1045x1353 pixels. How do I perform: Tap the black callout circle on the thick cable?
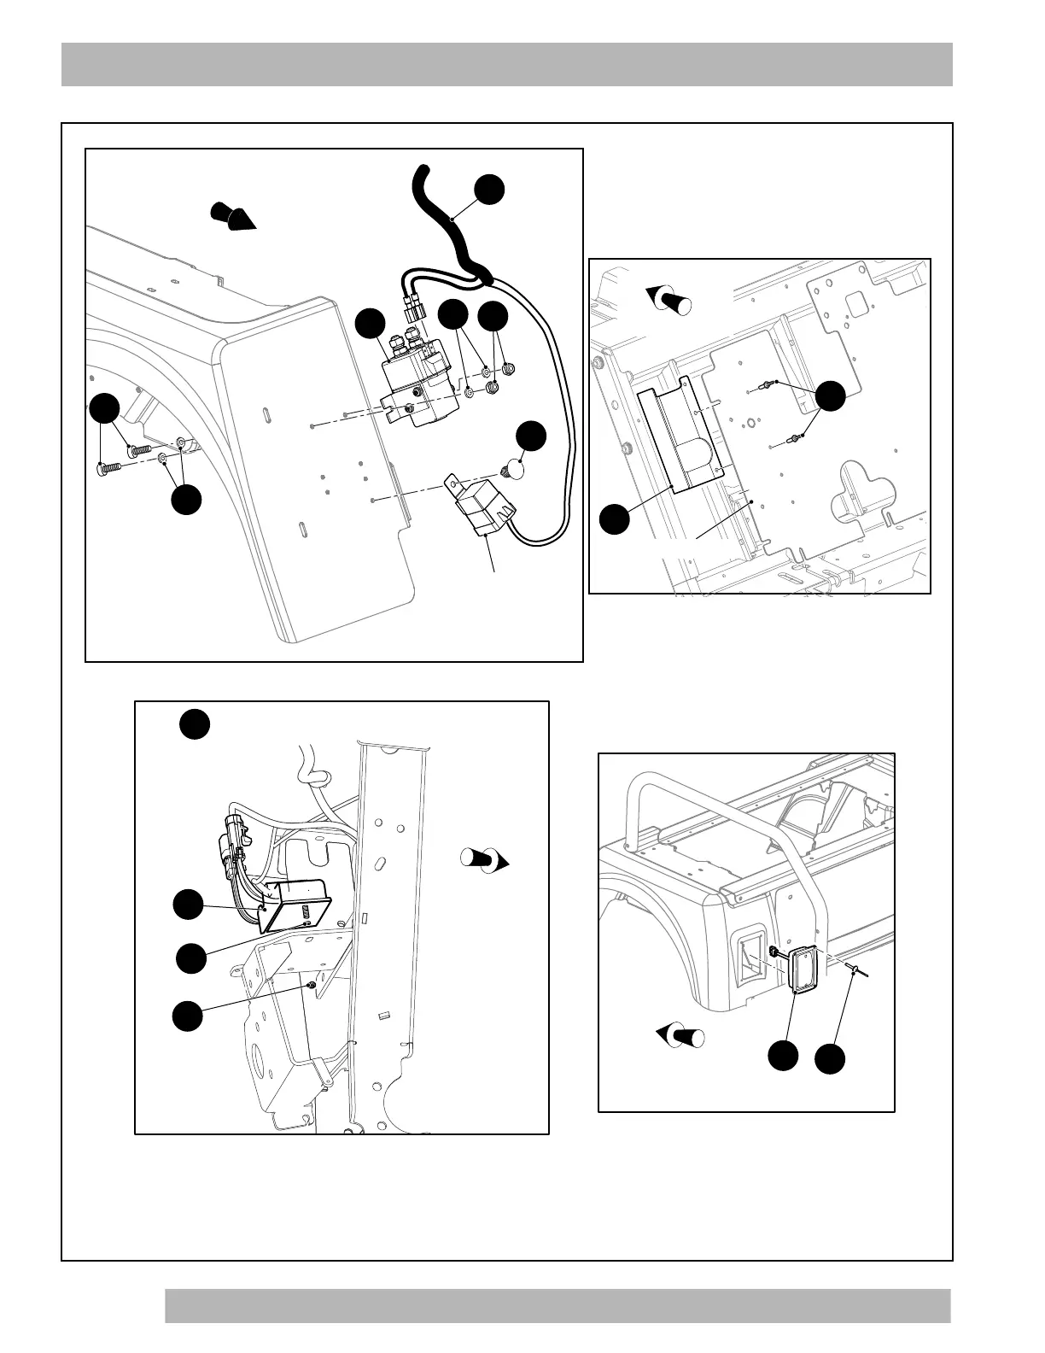tap(490, 190)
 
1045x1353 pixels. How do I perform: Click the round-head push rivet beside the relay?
tap(513, 468)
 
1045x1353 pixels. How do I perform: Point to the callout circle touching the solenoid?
tap(371, 324)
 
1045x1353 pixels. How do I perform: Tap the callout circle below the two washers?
tap(186, 500)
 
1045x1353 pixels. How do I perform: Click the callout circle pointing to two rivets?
tap(830, 395)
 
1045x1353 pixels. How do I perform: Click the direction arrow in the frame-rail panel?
tap(485, 859)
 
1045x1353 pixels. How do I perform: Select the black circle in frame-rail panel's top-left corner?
tap(195, 724)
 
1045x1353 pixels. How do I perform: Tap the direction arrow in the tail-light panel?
tap(680, 1036)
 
